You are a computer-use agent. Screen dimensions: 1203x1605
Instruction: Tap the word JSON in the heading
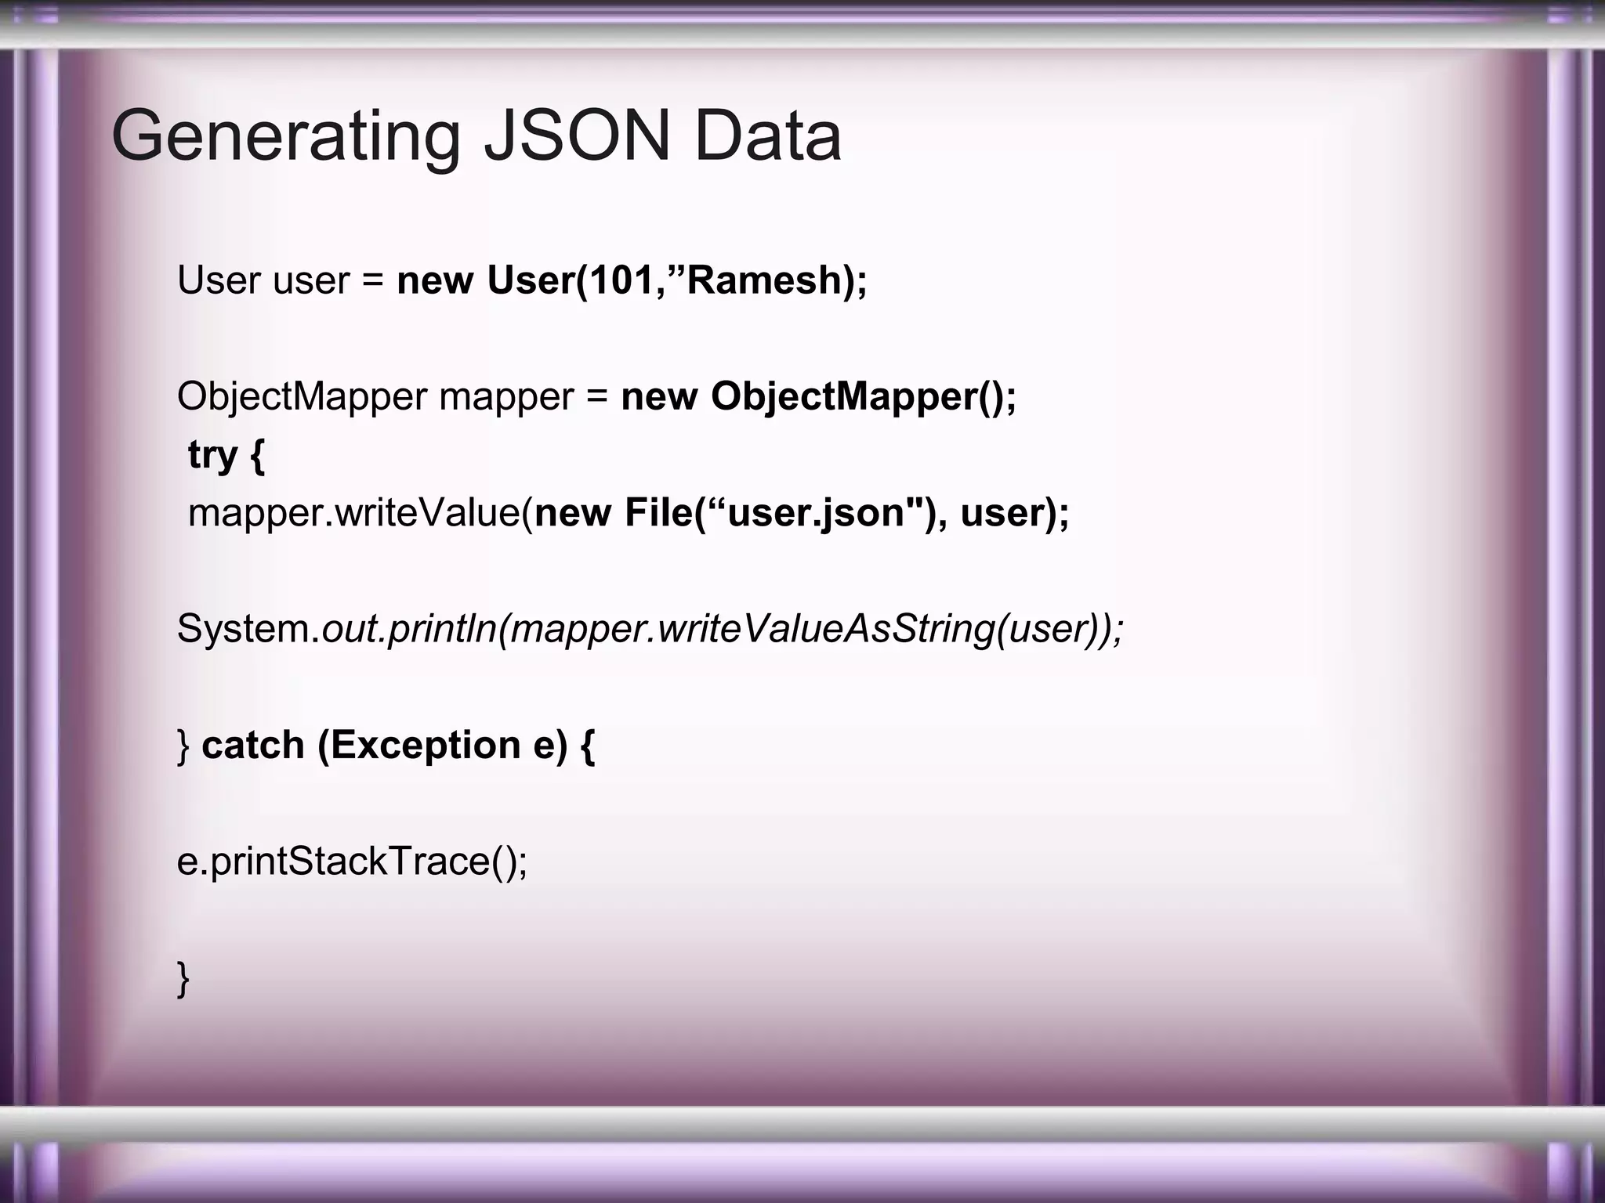578,136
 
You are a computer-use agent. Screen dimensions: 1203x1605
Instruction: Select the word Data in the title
768,136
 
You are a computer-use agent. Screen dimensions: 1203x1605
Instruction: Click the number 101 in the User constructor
621,280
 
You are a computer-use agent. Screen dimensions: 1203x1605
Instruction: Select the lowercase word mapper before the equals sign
506,398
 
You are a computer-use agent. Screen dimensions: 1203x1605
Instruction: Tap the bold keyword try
212,455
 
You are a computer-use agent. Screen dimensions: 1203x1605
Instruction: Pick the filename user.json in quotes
816,513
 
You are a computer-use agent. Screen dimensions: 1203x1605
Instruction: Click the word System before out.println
245,629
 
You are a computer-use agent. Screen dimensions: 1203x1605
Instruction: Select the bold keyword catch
252,745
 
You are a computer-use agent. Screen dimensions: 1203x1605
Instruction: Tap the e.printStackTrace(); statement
352,861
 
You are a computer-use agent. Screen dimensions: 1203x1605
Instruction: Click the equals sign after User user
373,280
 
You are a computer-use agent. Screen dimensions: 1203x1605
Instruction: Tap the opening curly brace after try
257,455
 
